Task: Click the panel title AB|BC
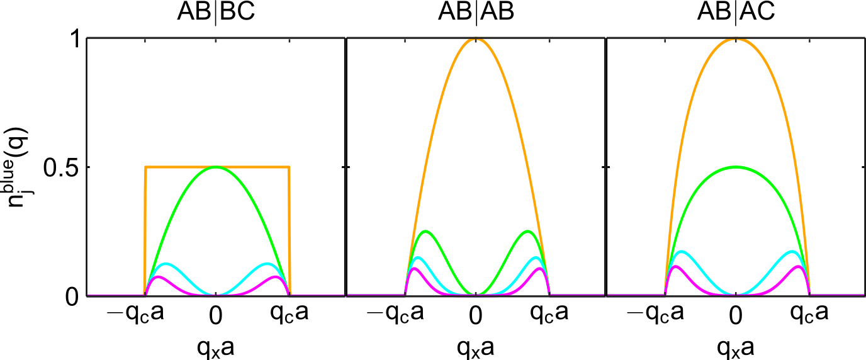pyautogui.click(x=216, y=13)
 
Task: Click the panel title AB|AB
pyautogui.click(x=476, y=13)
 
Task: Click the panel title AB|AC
pyautogui.click(x=735, y=13)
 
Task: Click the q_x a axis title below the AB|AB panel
pyautogui.click(x=476, y=346)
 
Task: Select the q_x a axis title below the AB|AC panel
pyautogui.click(x=735, y=346)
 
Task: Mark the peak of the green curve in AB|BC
pyautogui.click(x=216, y=167)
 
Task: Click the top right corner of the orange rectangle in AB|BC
pyautogui.click(x=289, y=167)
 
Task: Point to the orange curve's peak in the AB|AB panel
pyautogui.click(x=476, y=39)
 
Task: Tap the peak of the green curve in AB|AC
pyautogui.click(x=735, y=167)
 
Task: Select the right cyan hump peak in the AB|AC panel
pyautogui.click(x=790, y=252)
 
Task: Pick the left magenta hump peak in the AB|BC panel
pyautogui.click(x=158, y=276)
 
